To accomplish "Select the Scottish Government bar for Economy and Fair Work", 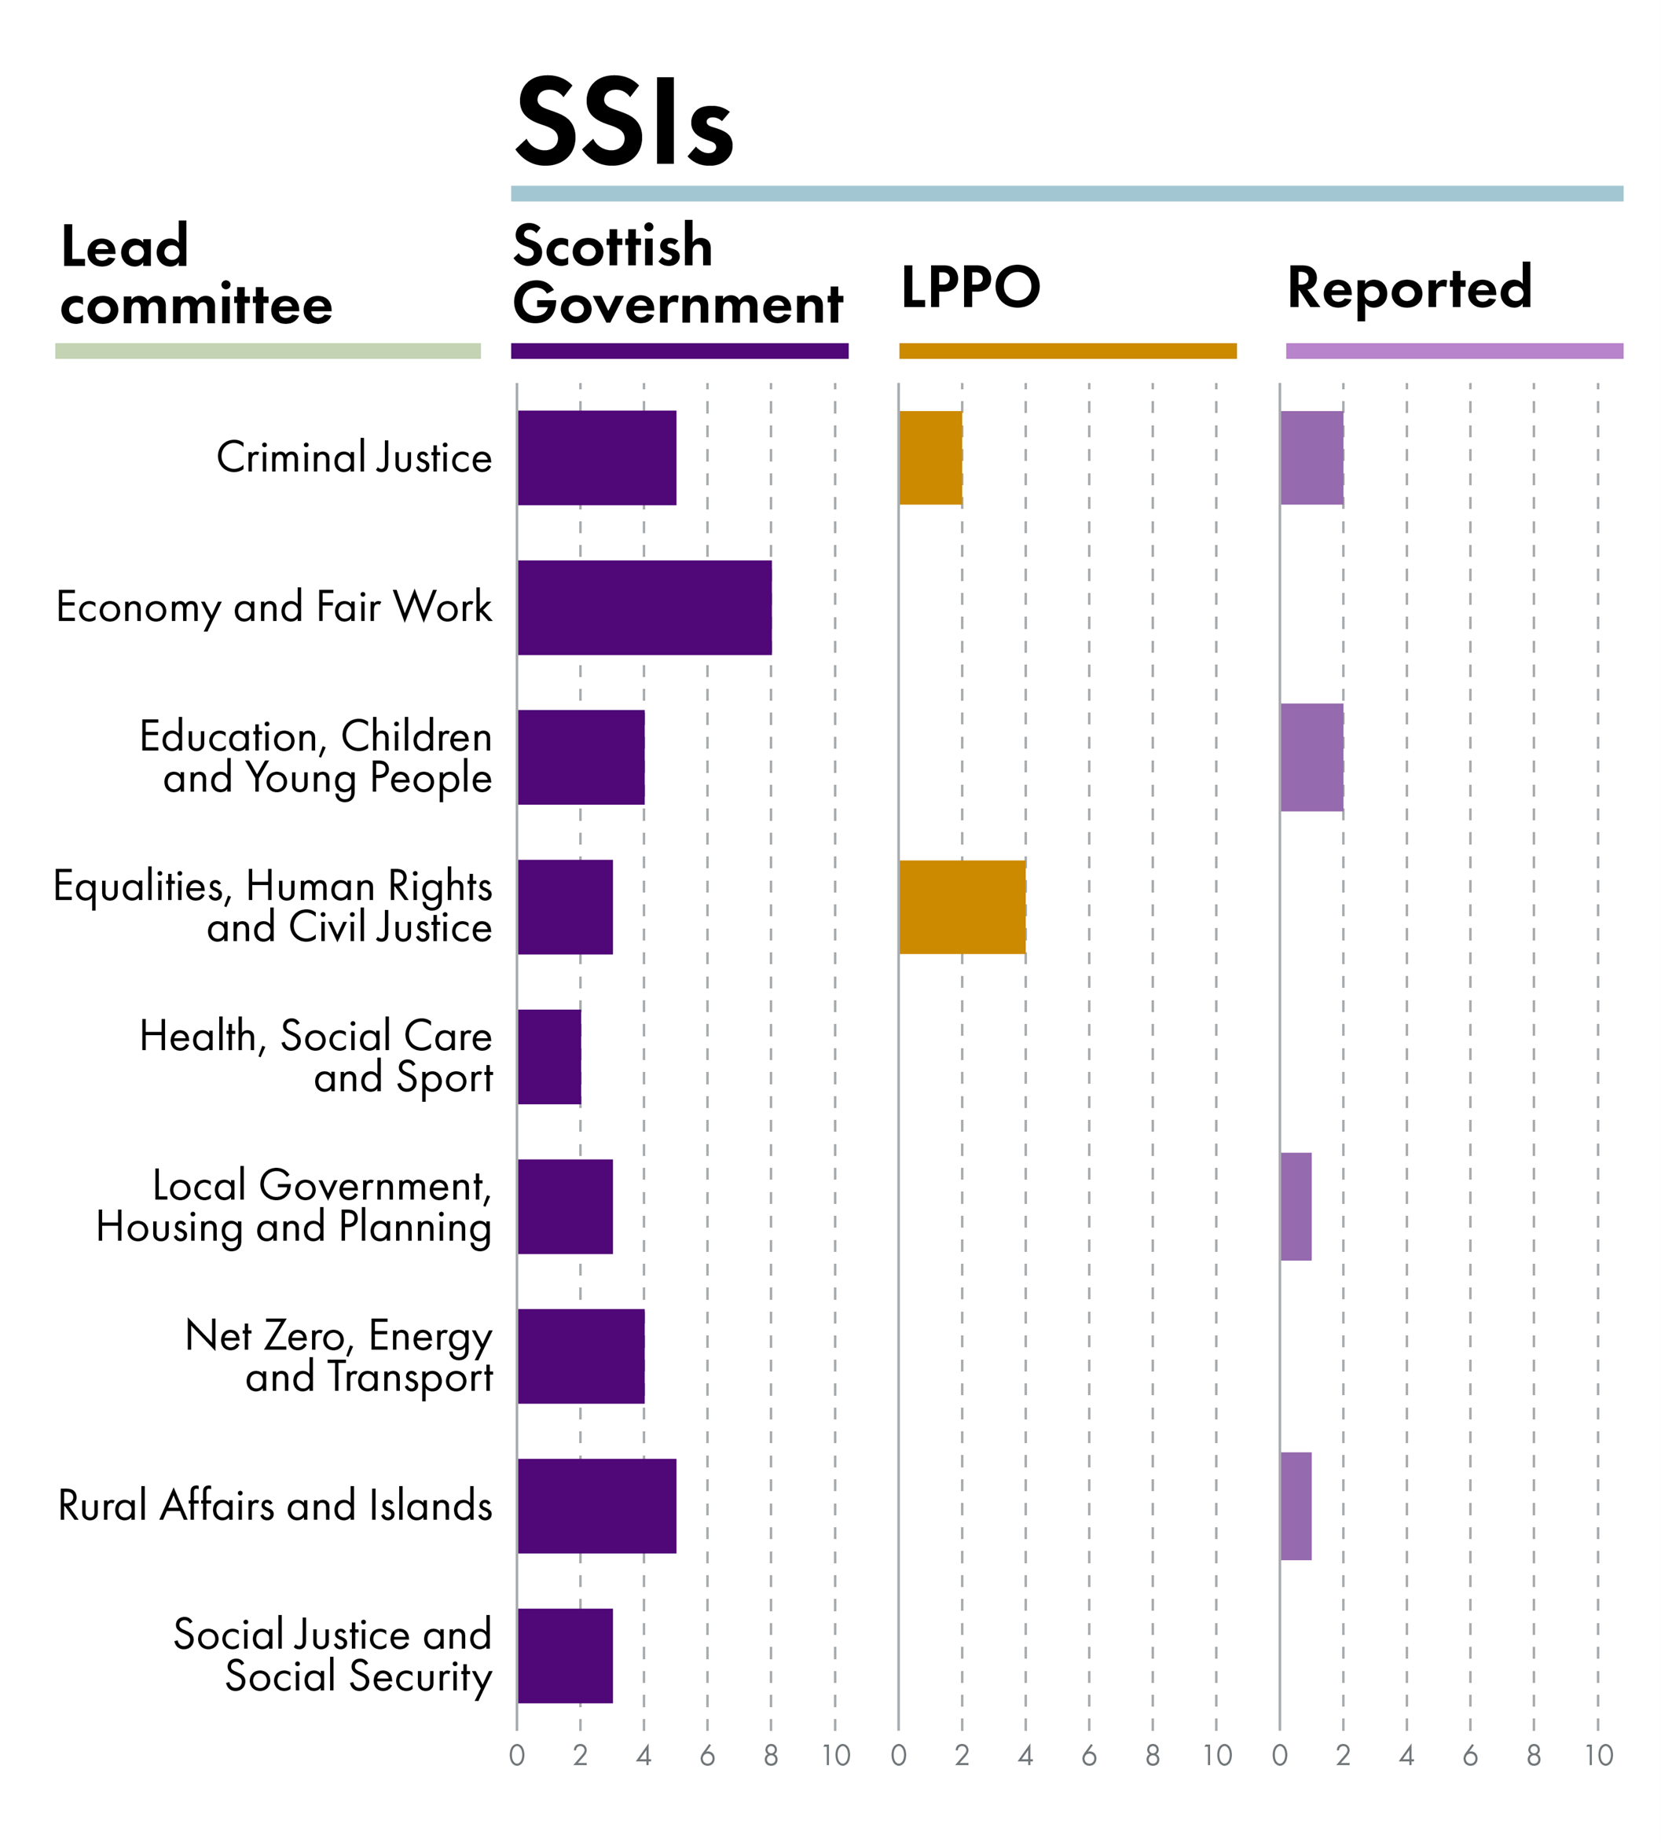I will [x=644, y=608].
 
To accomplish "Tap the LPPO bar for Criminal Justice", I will [x=930, y=457].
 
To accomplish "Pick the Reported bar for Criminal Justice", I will [x=1311, y=457].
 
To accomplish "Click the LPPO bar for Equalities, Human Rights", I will [x=962, y=907].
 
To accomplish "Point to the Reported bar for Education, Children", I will [x=1311, y=758].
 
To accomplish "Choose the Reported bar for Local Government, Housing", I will [x=1296, y=1206].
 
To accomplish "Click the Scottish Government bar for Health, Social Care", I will [x=548, y=1057].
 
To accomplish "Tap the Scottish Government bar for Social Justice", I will [x=565, y=1656].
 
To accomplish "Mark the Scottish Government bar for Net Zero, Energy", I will [x=581, y=1357].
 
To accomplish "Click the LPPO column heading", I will [x=970, y=288].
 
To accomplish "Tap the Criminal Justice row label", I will [x=354, y=457].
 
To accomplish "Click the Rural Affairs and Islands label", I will [x=275, y=1506].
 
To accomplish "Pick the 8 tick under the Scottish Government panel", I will [x=772, y=1755].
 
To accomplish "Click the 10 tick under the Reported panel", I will [x=1598, y=1755].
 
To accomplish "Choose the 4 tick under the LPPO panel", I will [x=1026, y=1755].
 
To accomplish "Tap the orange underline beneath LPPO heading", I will [x=1067, y=351].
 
